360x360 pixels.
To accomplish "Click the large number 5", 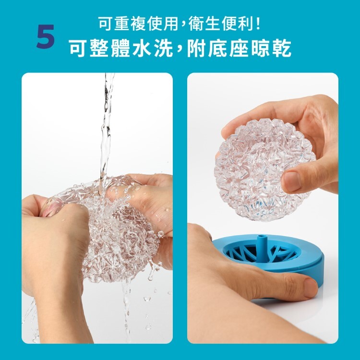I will [46, 37].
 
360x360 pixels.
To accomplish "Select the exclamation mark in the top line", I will [260, 23].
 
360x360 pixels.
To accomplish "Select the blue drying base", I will [307, 257].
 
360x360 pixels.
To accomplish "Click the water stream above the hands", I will [107, 125].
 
